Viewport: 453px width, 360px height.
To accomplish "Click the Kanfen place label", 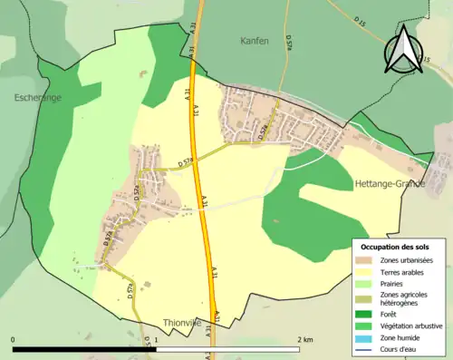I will point(255,42).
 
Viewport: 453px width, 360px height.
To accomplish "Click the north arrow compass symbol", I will point(403,49).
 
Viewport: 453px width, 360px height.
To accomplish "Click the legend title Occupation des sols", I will point(397,247).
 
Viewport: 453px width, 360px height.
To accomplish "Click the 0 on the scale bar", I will point(14,339).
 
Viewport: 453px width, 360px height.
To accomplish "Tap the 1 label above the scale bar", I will point(157,339).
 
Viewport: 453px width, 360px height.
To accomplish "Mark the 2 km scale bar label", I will point(304,339).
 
